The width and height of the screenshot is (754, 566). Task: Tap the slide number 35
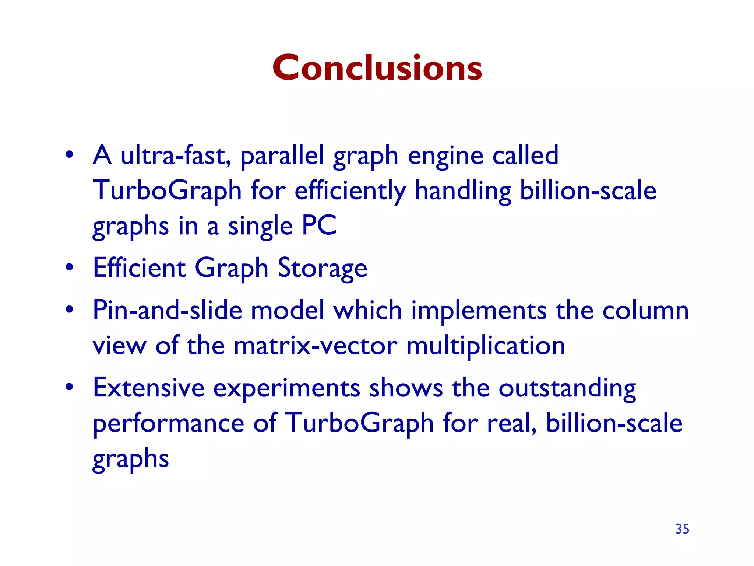682,529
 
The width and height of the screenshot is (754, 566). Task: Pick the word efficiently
350,191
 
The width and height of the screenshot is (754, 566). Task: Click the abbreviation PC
319,225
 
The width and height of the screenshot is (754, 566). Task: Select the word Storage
322,268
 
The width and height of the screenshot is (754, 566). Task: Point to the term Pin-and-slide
167,310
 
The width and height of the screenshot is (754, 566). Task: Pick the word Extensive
148,388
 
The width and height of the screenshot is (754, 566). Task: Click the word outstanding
567,388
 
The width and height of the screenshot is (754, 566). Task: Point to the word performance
168,423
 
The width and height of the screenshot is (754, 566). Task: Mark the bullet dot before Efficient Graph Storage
69,268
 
